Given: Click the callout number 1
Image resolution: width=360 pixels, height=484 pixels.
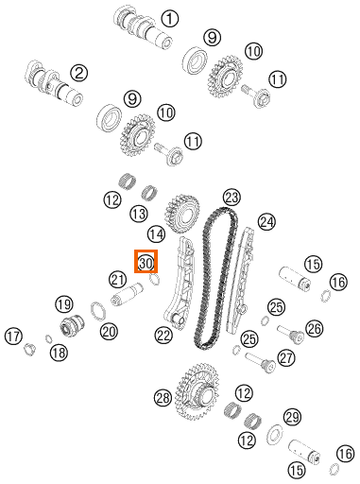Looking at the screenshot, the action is [x=170, y=18].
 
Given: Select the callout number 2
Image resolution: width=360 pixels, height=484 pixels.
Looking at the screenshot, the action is [x=79, y=73].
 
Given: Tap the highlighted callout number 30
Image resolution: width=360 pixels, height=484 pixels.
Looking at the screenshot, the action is [x=146, y=262].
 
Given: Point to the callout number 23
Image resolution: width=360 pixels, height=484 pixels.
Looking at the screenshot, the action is [x=231, y=198].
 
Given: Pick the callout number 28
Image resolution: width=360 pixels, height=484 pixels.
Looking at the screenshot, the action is [x=163, y=398].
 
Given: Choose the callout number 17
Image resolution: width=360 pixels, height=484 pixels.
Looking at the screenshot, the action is [x=13, y=337].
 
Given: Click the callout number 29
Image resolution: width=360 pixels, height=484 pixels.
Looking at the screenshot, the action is [x=293, y=418].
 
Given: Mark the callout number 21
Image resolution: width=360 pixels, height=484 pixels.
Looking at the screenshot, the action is [x=118, y=280].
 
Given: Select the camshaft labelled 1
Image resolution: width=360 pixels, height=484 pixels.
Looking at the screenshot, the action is [x=143, y=27].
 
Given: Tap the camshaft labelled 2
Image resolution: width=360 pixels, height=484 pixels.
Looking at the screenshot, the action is [x=54, y=83].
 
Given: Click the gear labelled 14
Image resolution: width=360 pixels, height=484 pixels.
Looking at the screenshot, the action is [x=181, y=215].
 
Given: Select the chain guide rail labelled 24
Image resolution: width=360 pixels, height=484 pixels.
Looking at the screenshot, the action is [x=241, y=281].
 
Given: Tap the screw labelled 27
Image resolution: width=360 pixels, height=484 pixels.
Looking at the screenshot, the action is [x=260, y=362].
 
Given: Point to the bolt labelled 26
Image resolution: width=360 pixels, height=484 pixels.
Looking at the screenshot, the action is [x=291, y=335].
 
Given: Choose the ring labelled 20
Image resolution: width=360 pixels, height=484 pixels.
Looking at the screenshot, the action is [x=98, y=311].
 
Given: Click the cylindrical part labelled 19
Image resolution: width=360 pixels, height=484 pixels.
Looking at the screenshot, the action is [x=72, y=325].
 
